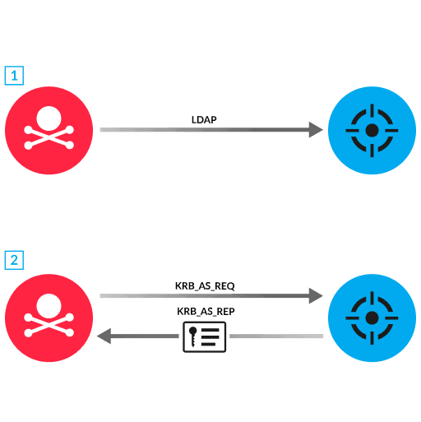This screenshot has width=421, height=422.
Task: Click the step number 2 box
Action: [x=14, y=260]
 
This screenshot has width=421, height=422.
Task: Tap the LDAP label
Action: [x=204, y=120]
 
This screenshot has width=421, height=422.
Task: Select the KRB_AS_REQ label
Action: [x=206, y=285]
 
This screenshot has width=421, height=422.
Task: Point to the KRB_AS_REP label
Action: [x=206, y=312]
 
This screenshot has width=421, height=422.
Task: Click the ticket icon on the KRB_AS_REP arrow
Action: [x=205, y=336]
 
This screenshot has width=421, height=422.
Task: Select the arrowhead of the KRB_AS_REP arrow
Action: [x=104, y=336]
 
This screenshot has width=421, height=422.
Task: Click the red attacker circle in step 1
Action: [x=49, y=130]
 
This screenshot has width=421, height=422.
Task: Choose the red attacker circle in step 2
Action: [x=49, y=317]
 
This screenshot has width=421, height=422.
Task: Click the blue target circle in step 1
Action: [x=372, y=130]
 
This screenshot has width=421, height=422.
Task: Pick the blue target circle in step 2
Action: [x=372, y=317]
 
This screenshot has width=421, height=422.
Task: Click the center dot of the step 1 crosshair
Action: [x=372, y=130]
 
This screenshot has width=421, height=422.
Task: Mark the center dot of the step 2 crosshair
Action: [x=372, y=317]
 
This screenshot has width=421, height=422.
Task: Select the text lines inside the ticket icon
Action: [x=212, y=336]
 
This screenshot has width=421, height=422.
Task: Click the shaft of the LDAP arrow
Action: [x=206, y=130]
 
